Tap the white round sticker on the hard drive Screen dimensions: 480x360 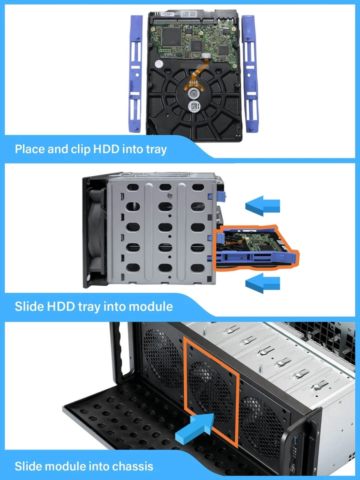click(158, 64)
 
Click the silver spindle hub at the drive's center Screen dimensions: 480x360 click(195, 93)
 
